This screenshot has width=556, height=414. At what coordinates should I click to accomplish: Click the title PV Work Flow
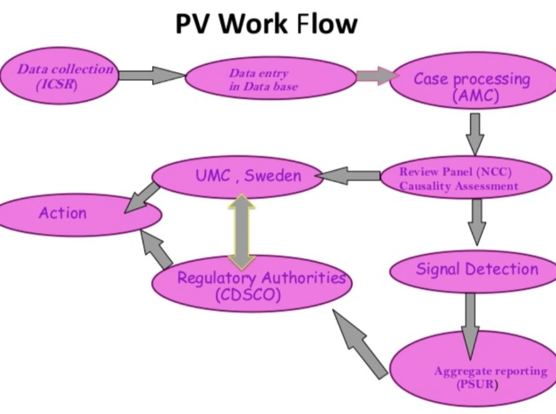266,24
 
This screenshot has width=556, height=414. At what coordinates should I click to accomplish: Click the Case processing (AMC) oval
472,86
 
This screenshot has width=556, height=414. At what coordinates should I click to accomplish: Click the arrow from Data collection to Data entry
151,75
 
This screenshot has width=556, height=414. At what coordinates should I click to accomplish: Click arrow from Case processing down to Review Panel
475,133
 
